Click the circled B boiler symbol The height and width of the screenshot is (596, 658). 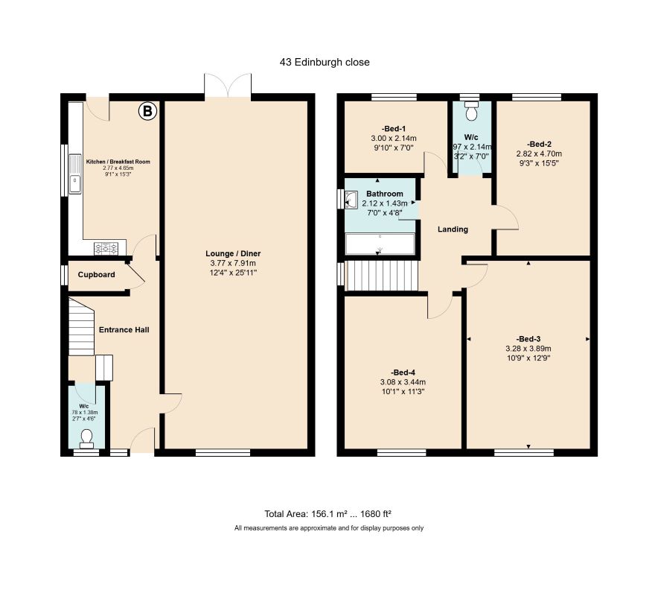(x=147, y=111)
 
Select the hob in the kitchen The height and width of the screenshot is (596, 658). (x=106, y=248)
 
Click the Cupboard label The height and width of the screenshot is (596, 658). (x=96, y=275)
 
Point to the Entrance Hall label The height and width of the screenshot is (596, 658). (x=124, y=330)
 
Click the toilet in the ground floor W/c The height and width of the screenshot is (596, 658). (x=87, y=437)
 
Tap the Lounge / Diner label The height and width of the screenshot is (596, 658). (x=233, y=254)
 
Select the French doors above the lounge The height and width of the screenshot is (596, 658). (x=228, y=87)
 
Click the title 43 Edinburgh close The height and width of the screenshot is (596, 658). (x=325, y=62)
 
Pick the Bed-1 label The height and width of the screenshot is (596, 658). (x=393, y=129)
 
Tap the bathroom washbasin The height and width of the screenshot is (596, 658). (x=351, y=200)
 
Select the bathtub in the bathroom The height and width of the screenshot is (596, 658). (x=380, y=244)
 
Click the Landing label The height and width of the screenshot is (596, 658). (x=453, y=229)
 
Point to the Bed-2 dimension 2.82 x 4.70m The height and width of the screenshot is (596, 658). (x=539, y=153)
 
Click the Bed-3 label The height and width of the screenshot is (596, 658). (x=528, y=339)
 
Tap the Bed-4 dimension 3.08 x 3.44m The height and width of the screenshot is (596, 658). (x=403, y=382)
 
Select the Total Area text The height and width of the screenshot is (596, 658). (x=328, y=513)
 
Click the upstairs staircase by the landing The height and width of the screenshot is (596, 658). (x=381, y=276)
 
